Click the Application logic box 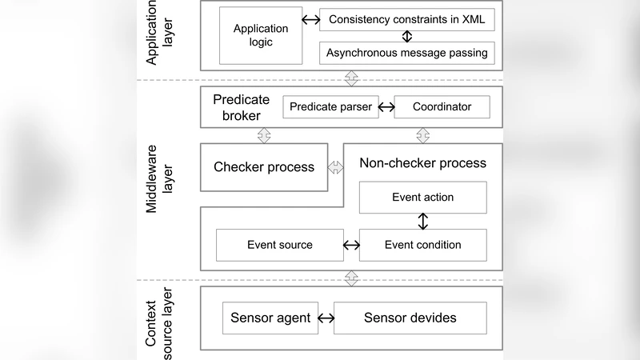tap(260, 36)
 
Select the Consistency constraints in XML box tap(406, 20)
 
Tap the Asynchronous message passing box tap(406, 54)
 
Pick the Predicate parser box tap(330, 106)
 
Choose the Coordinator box tap(442, 106)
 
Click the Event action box tap(422, 198)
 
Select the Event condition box tap(422, 245)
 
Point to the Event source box tap(279, 245)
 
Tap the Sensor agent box tap(270, 318)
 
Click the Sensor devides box tap(410, 318)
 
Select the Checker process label tap(264, 167)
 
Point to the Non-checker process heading tap(422, 163)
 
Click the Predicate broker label tap(238, 107)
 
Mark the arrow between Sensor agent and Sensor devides tap(326, 318)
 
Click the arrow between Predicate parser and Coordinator tap(386, 106)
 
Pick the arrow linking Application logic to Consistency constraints tap(310, 20)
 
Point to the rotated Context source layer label tap(160, 318)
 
